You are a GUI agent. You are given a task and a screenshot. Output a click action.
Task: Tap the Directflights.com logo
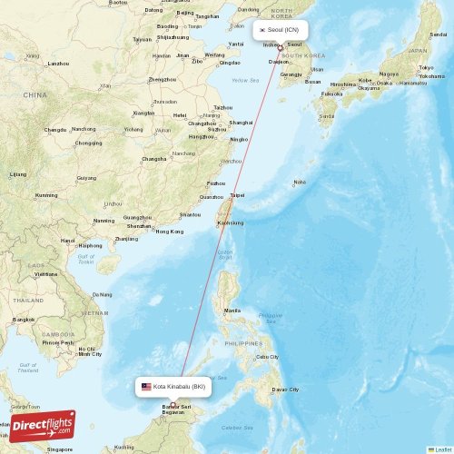click(43, 425)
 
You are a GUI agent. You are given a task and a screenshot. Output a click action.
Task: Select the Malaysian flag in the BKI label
click(146, 387)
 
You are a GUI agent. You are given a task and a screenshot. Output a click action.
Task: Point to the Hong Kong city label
click(170, 232)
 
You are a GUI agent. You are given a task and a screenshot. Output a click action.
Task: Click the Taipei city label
click(237, 195)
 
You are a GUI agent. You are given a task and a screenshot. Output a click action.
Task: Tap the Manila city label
click(232, 311)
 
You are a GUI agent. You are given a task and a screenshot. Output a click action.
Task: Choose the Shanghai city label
click(241, 122)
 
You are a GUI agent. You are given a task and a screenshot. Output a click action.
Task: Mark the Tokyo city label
click(424, 68)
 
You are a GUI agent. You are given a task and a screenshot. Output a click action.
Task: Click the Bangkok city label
click(25, 320)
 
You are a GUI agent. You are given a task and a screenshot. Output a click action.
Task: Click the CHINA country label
click(35, 94)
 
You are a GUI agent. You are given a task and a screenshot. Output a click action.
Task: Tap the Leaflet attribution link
click(441, 449)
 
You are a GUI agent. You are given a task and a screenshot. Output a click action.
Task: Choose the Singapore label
click(60, 449)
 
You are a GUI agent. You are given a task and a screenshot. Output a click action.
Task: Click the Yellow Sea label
click(245, 81)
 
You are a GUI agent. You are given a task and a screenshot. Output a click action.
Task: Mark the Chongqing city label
click(88, 143)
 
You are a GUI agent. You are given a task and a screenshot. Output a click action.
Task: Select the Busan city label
click(312, 82)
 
